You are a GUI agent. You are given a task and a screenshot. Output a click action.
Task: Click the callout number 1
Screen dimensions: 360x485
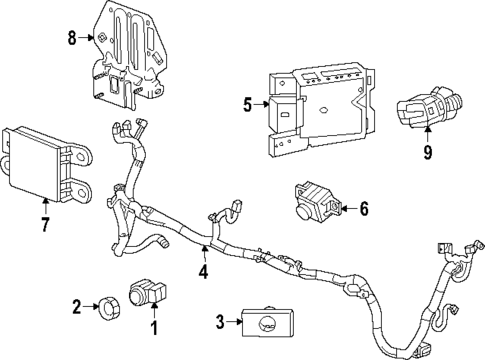point(154,326)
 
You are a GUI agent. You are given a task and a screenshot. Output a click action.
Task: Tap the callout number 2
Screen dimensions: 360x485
point(77,307)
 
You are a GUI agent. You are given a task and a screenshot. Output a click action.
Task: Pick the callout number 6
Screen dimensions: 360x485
point(364,209)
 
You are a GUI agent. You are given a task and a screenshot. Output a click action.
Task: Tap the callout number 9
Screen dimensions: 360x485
point(428,155)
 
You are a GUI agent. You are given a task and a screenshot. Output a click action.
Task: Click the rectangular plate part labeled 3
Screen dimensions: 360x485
point(270,321)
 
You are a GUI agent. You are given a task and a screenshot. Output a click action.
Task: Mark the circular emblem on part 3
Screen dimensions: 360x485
point(268,321)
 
